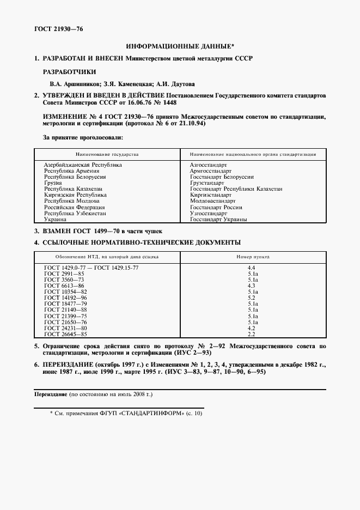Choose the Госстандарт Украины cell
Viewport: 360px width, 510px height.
(218, 220)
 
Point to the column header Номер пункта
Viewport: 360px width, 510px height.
(252, 256)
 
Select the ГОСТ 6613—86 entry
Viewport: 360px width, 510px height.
(64, 286)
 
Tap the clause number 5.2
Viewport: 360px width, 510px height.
(252, 298)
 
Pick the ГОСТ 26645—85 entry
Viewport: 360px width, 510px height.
(65, 334)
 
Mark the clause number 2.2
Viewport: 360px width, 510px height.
(252, 334)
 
